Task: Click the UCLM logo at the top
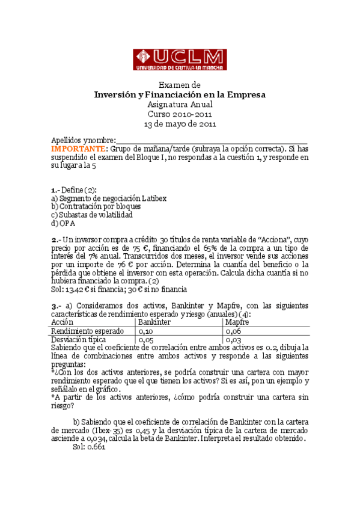[180, 60]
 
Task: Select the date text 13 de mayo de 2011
[180, 124]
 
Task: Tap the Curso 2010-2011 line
[180, 114]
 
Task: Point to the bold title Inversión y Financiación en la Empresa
[180, 95]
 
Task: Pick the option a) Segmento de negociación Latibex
[108, 198]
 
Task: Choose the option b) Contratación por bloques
[96, 206]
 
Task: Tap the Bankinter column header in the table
[154, 322]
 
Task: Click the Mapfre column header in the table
[237, 322]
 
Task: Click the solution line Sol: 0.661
[89, 447]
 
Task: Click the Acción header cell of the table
[63, 322]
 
